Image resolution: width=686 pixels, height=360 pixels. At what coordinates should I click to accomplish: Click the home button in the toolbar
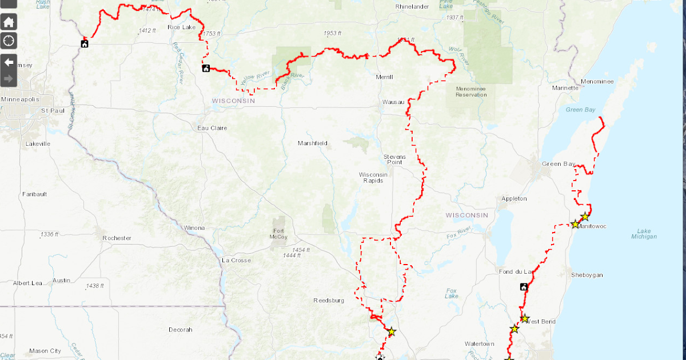click(9, 22)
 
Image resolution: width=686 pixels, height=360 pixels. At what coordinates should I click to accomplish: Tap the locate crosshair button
click(9, 41)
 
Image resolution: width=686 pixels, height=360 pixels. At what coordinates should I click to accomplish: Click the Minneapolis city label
click(20, 99)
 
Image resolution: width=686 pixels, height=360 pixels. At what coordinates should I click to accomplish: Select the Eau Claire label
click(212, 128)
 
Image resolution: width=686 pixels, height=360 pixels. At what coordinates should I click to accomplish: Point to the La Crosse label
click(236, 261)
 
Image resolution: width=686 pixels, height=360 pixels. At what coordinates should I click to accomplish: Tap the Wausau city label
click(393, 103)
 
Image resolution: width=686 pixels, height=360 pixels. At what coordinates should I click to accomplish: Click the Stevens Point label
click(394, 159)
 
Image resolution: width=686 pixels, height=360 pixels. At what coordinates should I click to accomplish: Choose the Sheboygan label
click(587, 275)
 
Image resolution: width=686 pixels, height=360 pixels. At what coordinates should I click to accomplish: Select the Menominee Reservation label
click(470, 91)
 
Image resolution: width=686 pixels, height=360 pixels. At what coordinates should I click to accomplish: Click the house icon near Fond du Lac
click(524, 287)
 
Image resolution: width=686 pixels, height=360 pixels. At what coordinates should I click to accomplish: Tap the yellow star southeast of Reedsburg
click(392, 331)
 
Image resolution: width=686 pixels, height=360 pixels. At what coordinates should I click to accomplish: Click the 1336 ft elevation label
click(49, 234)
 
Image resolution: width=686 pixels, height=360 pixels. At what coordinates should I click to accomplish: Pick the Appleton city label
click(513, 198)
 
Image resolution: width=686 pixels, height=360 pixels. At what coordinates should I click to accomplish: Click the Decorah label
click(181, 330)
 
